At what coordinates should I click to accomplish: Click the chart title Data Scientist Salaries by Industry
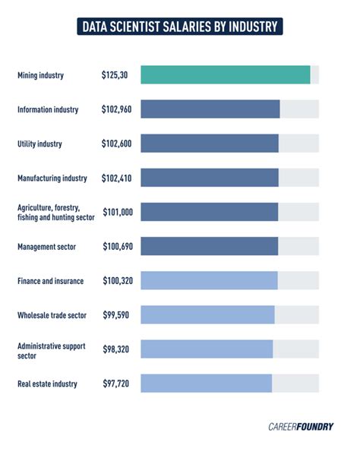[180, 27]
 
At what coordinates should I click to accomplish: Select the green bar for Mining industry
[226, 75]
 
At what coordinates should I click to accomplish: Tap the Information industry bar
[210, 109]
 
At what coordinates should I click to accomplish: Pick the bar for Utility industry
[210, 143]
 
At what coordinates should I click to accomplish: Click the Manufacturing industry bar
[210, 178]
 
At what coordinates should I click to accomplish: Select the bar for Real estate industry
[206, 383]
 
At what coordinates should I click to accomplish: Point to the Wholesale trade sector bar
[207, 314]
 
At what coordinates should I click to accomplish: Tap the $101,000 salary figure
[117, 212]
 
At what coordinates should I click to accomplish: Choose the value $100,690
[117, 246]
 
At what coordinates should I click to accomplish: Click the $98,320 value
[117, 348]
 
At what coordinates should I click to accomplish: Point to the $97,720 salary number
[116, 383]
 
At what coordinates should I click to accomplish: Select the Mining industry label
[41, 75]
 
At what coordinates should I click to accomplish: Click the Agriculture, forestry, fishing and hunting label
[55, 212]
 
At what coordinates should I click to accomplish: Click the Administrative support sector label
[52, 349]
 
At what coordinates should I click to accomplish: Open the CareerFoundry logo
[301, 427]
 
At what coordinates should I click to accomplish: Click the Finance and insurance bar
[209, 280]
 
